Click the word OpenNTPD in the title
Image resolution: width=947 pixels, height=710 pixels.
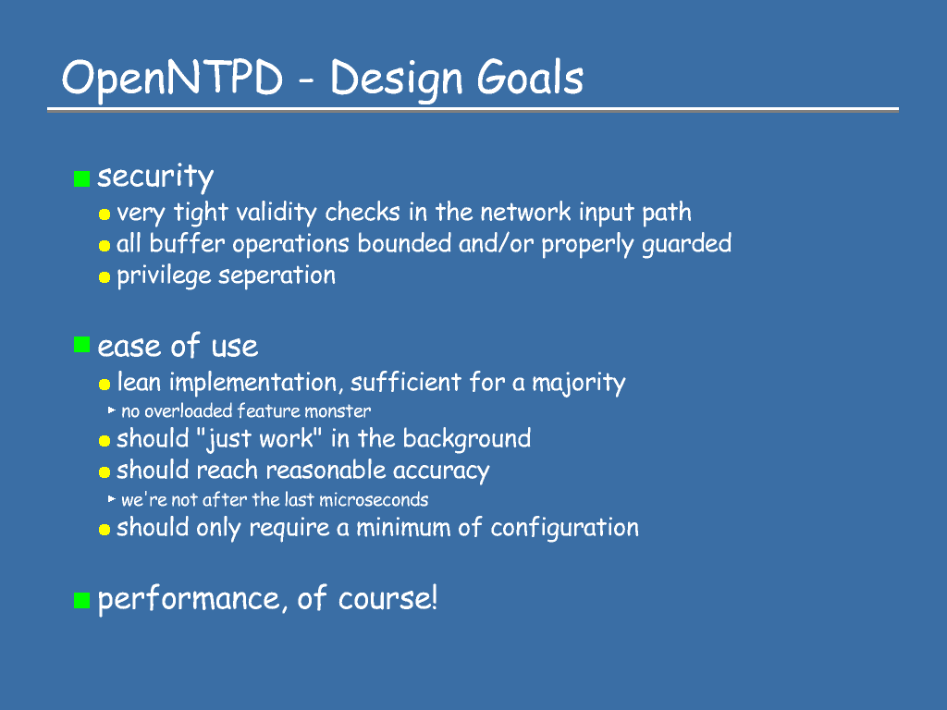point(172,79)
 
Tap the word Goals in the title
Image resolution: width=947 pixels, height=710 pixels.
point(530,78)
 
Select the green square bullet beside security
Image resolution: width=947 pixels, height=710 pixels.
point(81,178)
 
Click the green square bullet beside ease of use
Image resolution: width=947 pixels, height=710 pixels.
point(81,345)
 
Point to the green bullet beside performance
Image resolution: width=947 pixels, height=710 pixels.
point(81,600)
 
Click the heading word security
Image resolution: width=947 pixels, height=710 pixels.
point(155,177)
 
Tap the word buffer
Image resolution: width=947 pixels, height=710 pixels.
point(187,243)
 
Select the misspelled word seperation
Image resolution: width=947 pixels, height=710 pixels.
point(277,275)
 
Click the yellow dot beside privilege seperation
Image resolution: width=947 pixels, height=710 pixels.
point(105,277)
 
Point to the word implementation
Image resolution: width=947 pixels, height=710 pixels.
point(253,383)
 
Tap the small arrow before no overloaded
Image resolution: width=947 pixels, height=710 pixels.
point(112,410)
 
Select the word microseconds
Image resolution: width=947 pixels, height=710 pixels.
point(374,500)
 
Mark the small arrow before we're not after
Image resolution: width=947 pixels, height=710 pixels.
point(112,498)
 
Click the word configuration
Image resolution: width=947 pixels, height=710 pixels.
point(565,528)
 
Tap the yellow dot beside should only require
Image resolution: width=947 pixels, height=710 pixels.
point(105,530)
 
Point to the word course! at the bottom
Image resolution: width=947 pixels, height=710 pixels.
point(387,598)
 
